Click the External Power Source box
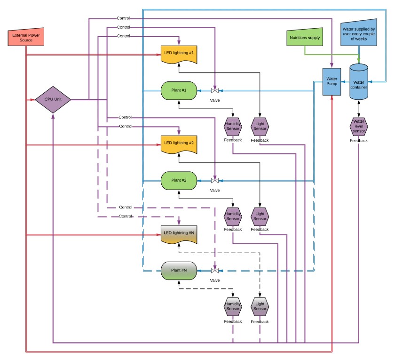click(26, 38)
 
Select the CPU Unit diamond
click(53, 99)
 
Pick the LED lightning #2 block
click(178, 144)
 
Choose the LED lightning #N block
click(178, 234)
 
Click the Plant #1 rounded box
click(179, 90)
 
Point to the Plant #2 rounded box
click(179, 180)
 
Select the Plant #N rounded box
click(179, 271)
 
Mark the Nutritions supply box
click(304, 38)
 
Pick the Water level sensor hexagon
click(359, 126)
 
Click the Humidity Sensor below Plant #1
click(233, 126)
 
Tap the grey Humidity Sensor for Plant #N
click(233, 306)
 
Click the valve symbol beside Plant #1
click(215, 90)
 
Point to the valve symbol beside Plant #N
click(215, 271)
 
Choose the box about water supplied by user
click(359, 32)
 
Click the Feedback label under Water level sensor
click(359, 141)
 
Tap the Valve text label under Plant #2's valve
click(215, 190)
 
